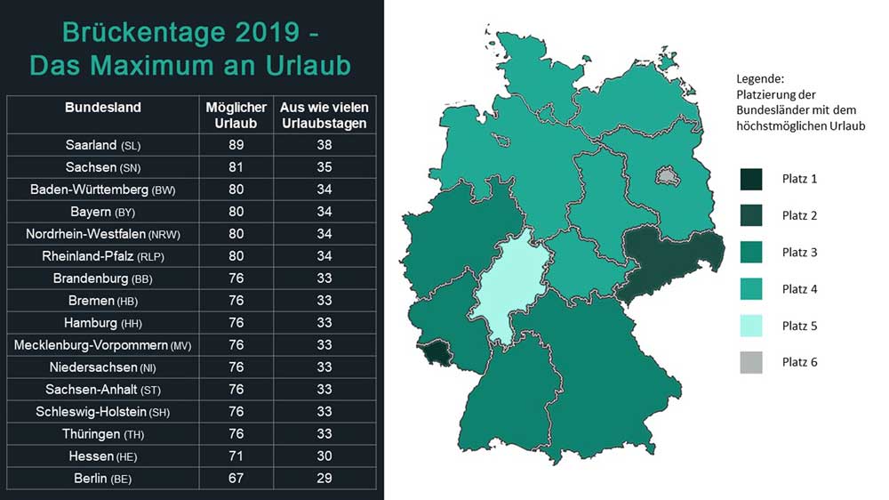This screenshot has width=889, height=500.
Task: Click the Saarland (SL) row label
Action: [102, 145]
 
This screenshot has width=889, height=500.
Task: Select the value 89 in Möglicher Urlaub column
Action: [236, 145]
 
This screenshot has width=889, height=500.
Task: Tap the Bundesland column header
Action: [102, 108]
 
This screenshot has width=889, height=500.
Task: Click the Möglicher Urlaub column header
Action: [236, 115]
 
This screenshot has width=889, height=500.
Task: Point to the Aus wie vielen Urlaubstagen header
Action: [324, 115]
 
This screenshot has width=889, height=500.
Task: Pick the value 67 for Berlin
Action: [236, 479]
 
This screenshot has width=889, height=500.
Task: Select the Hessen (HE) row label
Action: [102, 456]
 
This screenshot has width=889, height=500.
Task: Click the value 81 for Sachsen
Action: [236, 167]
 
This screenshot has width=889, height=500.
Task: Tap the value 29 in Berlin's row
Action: [324, 479]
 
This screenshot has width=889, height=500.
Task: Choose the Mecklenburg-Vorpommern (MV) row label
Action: [102, 345]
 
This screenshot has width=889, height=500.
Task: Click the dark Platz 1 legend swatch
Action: [751, 179]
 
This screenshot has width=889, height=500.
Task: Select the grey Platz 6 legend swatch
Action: [751, 361]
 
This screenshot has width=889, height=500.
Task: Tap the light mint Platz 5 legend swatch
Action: [751, 325]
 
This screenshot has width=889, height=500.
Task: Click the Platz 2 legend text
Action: [799, 215]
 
